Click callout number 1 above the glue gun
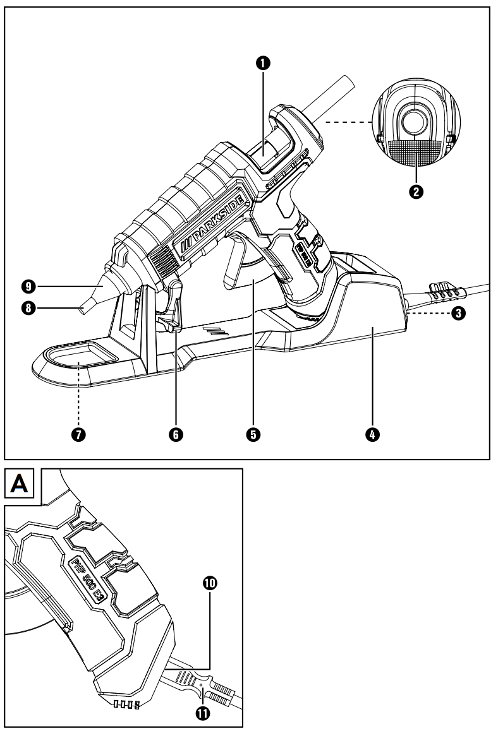[265, 62]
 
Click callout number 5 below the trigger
[252, 434]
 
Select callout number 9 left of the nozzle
[26, 287]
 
